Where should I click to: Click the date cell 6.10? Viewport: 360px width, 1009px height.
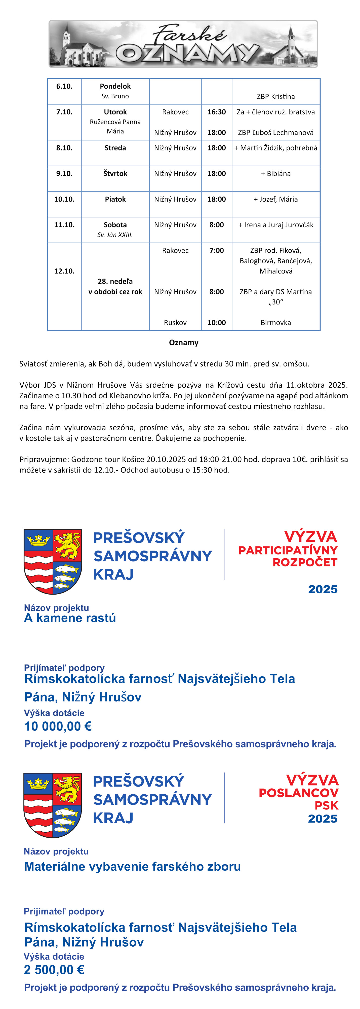tap(64, 86)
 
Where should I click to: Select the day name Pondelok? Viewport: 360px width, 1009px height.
tap(115, 86)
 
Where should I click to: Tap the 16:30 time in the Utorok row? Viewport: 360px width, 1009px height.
tap(217, 112)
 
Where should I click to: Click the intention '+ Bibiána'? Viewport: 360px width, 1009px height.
tap(276, 174)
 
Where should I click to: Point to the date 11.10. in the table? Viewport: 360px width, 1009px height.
tap(64, 225)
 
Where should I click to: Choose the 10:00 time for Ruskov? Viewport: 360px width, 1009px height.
tap(217, 323)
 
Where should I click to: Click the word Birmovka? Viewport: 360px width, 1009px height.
tap(276, 323)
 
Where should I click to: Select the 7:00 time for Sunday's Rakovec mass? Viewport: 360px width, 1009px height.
tap(217, 251)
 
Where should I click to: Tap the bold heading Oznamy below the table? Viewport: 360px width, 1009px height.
tap(184, 343)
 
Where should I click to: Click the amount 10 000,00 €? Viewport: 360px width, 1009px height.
tap(58, 727)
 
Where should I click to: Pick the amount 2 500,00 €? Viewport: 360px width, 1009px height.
tap(54, 970)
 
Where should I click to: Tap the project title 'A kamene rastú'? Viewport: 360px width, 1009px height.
tap(70, 618)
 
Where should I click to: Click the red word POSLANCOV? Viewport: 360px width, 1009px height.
tap(299, 793)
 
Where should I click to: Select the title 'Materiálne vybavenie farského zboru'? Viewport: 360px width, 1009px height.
tap(132, 866)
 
